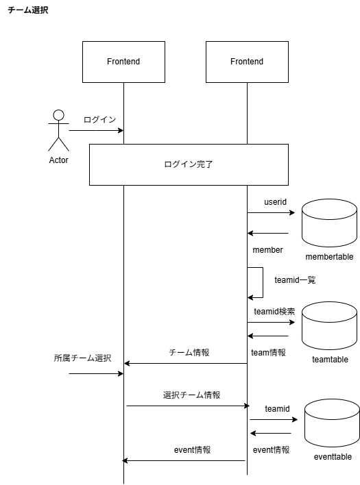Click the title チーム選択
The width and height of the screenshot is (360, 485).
[x=27, y=11]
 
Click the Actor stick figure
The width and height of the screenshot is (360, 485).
[x=59, y=129]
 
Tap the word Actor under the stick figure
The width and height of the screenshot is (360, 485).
[x=59, y=160]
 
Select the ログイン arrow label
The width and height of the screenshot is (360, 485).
[x=99, y=119]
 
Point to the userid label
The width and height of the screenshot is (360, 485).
[x=276, y=203]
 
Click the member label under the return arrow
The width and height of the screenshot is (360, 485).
[x=267, y=250]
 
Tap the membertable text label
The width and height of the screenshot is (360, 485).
[x=330, y=257]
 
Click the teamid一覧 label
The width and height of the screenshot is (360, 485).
[x=294, y=280]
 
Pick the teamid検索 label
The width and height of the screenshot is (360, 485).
[x=274, y=311]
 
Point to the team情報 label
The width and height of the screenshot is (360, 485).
[x=268, y=353]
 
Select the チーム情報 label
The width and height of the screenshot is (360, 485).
[x=189, y=353]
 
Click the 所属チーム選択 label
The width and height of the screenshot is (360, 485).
[x=82, y=358]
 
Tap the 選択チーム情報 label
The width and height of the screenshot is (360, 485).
[x=191, y=395]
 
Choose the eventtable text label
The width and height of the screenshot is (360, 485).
[x=333, y=457]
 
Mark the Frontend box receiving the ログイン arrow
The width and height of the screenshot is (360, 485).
[x=123, y=62]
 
